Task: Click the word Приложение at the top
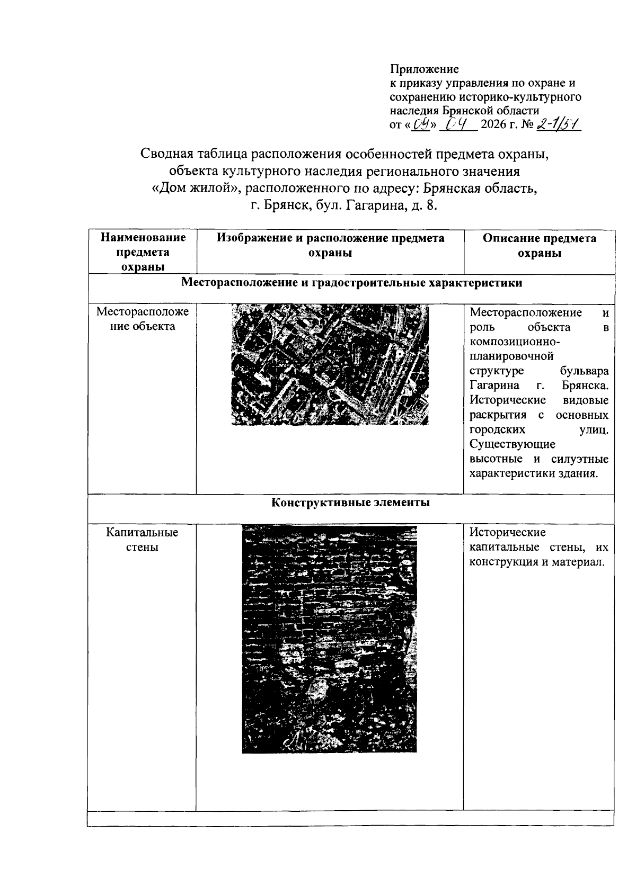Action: point(424,69)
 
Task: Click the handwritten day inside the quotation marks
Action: point(422,126)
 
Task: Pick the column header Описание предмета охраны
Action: point(539,245)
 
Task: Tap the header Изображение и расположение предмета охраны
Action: point(330,245)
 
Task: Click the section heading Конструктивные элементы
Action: point(350,502)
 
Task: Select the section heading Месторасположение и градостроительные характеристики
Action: point(351,282)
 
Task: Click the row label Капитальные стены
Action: point(142,539)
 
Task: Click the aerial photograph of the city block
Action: point(330,364)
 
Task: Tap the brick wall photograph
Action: point(329,639)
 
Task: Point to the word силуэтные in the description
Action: point(579,459)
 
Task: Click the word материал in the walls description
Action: point(580,561)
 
